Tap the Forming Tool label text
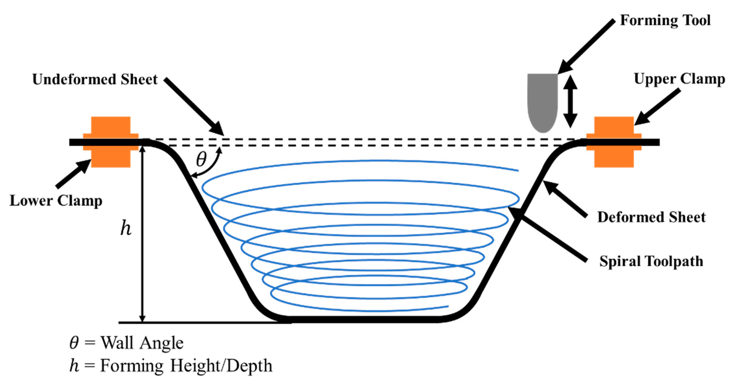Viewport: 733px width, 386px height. (x=665, y=20)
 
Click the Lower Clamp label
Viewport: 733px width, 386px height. (x=56, y=201)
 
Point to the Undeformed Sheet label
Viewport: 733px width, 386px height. (x=95, y=79)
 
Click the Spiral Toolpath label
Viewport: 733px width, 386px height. (x=651, y=261)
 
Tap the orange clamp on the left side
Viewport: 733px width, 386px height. (x=111, y=142)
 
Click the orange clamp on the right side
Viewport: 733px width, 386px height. (x=614, y=142)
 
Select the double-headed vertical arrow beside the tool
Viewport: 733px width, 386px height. (x=570, y=102)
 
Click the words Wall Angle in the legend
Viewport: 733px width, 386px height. (x=142, y=343)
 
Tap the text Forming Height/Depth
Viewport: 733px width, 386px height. (x=186, y=366)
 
